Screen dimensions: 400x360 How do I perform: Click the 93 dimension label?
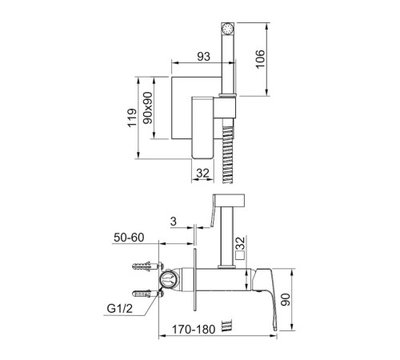pos(203,57)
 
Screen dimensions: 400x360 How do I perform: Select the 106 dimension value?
pos(260,59)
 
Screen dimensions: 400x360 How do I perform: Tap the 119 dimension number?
pos(132,118)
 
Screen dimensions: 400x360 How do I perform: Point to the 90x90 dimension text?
pos(148,108)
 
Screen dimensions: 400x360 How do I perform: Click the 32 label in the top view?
pos(203,174)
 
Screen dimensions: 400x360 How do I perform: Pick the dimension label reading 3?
pos(174,222)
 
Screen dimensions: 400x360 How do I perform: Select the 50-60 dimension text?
pos(129,238)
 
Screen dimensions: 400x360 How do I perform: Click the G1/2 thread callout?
pos(119,309)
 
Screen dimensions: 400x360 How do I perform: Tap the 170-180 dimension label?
pos(194,330)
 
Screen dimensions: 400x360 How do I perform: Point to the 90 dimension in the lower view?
pos(286,299)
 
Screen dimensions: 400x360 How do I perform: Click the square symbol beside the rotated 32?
pos(240,255)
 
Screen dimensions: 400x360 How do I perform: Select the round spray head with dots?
pos(228,29)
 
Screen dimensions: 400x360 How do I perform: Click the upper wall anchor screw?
pos(147,266)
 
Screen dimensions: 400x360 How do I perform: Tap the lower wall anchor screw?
pos(147,294)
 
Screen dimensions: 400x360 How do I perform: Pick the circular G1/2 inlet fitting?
pos(167,280)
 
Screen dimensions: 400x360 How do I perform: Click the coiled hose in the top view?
pos(228,154)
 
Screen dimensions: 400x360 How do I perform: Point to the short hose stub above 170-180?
pos(227,326)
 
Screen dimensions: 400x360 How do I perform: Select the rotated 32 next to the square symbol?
pos(241,243)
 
